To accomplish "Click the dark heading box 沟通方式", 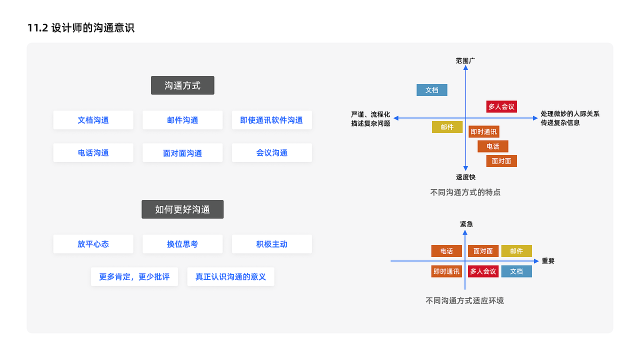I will pos(182,85).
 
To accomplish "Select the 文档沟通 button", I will pos(93,120).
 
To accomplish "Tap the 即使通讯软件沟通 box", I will pos(271,120).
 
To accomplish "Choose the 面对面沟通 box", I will pos(182,153).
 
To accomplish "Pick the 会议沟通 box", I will pos(271,153).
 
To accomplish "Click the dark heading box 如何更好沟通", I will pos(182,209).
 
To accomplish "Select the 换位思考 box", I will pos(182,244).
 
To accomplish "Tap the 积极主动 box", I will pos(271,244).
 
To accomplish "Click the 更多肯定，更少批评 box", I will pos(134,276).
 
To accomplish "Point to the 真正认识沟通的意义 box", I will pos(230,276).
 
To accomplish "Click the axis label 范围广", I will pos(465,60).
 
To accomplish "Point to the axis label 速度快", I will pos(465,177).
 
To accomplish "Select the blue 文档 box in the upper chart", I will pos(432,90).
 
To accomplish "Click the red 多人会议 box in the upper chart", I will pos(501,106).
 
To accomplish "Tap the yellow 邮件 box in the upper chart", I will pos(447,127).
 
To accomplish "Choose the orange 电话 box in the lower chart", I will pos(446,251).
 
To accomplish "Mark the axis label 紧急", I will pos(466,224).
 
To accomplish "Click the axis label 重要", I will pos(548,261).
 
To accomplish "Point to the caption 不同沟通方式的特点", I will pos(465,192).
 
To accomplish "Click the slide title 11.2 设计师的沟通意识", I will pos(81,28).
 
